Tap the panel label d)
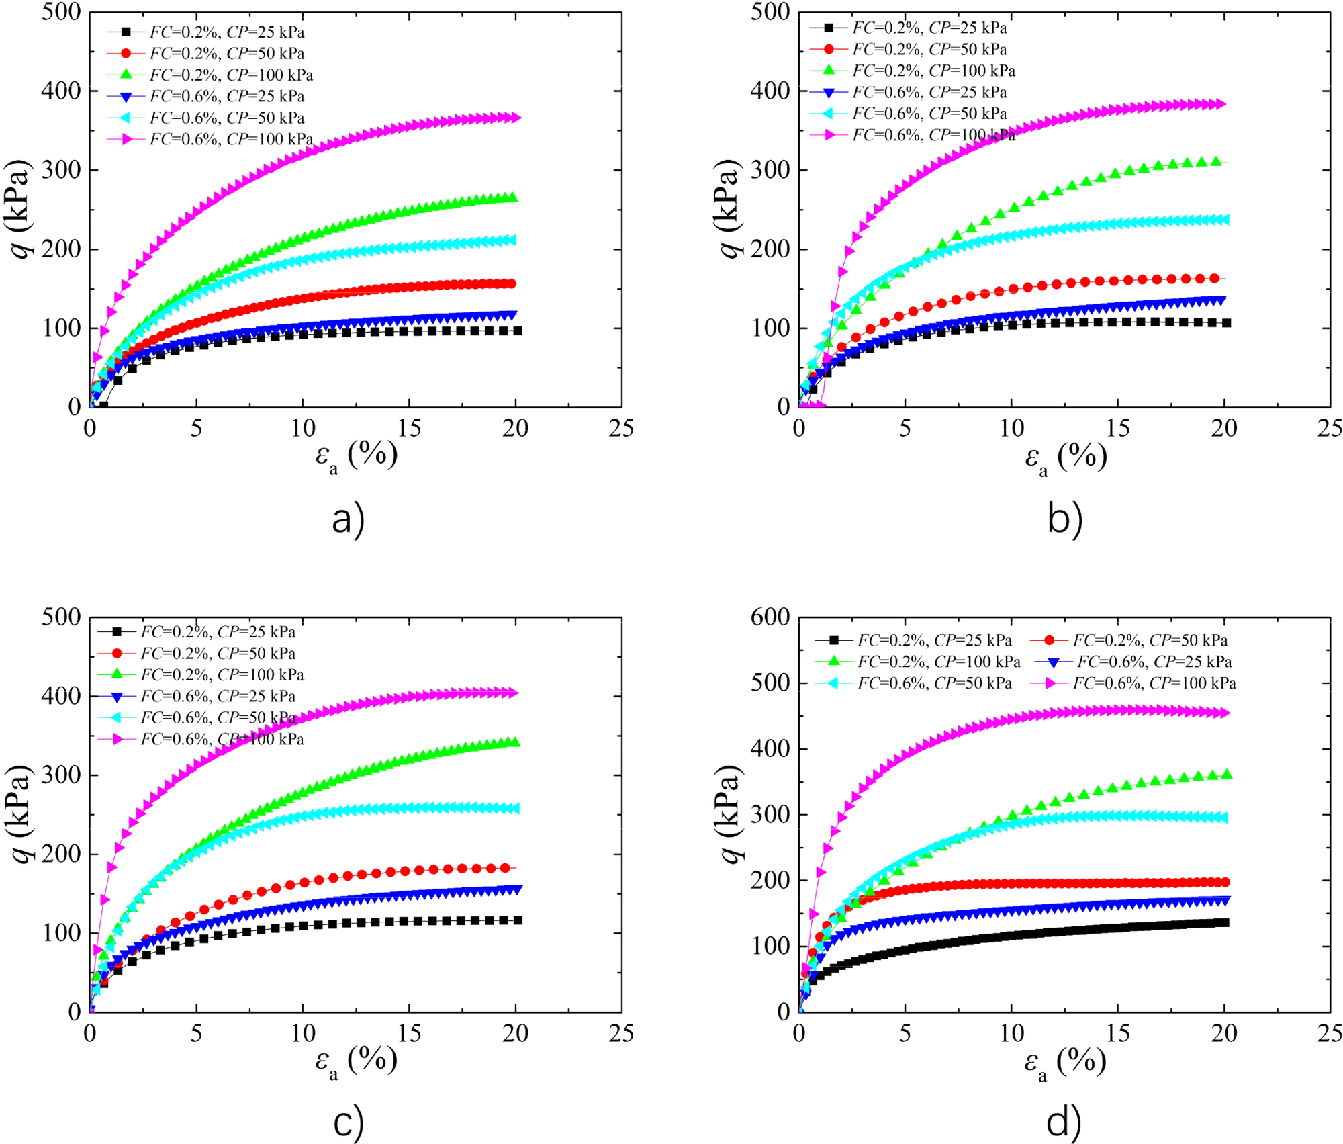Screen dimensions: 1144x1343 [1064, 1122]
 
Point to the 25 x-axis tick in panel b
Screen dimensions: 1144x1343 [1329, 429]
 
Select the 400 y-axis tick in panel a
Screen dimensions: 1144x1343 [61, 91]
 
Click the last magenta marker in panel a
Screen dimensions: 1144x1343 [516, 118]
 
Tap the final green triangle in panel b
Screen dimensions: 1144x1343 [1215, 161]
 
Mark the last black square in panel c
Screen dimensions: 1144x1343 [518, 920]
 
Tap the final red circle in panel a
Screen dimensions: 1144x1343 [512, 283]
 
